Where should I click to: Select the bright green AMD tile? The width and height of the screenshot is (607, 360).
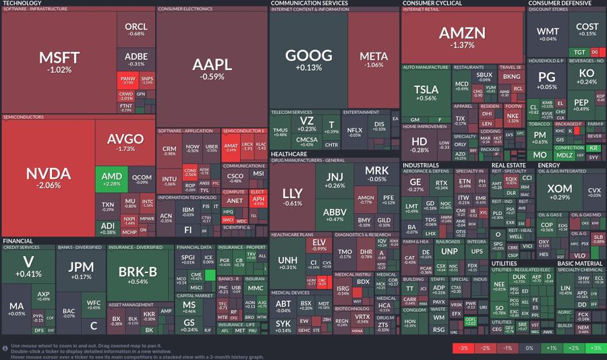pyautogui.click(x=111, y=179)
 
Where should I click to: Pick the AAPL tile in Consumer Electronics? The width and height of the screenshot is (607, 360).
pyautogui.click(x=212, y=67)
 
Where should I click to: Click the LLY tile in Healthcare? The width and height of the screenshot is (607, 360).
pyautogui.click(x=293, y=196)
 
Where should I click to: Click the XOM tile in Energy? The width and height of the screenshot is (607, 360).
pyautogui.click(x=559, y=191)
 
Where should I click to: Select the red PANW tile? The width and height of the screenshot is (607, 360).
pyautogui.click(x=127, y=81)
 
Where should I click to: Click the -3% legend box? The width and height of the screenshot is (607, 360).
pyautogui.click(x=462, y=348)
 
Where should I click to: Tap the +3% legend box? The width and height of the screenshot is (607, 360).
pyautogui.click(x=594, y=348)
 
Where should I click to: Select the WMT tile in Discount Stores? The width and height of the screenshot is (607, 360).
pyautogui.click(x=548, y=34)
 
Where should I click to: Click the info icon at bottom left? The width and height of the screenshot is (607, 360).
pyautogui.click(x=5, y=348)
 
